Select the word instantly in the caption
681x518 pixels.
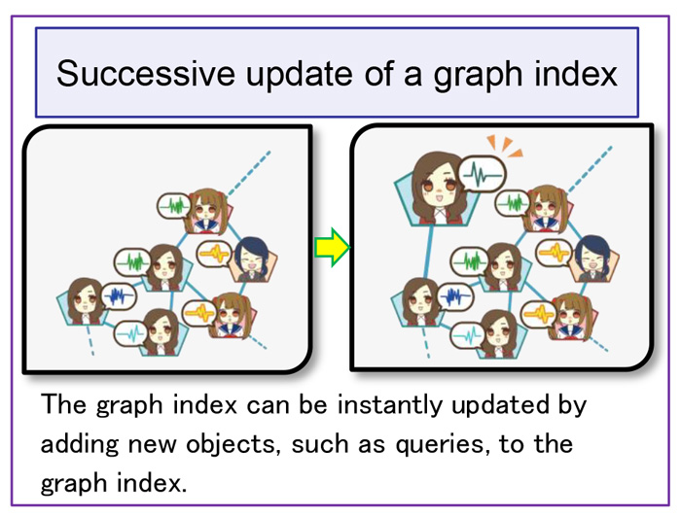point(389,405)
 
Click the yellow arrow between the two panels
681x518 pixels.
point(333,247)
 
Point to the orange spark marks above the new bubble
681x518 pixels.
point(504,145)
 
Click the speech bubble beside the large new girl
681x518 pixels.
point(483,174)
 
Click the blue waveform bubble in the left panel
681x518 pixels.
point(118,296)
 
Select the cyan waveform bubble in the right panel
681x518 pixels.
point(469,335)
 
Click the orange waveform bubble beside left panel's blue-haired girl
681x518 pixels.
point(215,254)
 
